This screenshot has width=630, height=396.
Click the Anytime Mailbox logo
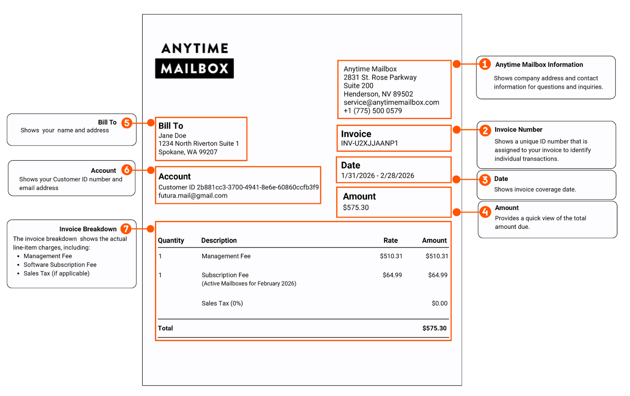coord(195,60)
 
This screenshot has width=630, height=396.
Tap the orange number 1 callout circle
coord(485,64)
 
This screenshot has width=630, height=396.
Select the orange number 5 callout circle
coord(126,123)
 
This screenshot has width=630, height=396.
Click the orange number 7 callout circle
coord(126,229)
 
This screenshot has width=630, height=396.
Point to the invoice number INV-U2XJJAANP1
coord(369,143)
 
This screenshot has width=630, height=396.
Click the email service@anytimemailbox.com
coord(391,102)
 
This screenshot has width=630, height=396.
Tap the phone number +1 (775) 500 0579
coord(372,111)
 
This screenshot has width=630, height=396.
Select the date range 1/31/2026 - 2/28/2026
coord(377,176)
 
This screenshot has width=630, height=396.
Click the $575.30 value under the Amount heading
coord(356,207)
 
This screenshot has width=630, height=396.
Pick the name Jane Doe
coord(172,135)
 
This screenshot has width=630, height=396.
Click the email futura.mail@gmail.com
coord(193,196)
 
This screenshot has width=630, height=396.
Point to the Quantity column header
coord(171,241)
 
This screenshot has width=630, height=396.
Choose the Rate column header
coord(390,241)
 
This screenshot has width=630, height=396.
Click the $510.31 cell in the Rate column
coord(391,256)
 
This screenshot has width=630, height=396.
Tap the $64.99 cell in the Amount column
coord(437,275)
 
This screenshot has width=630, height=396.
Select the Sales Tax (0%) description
coord(222,303)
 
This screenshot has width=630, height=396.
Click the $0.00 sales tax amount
coord(439,303)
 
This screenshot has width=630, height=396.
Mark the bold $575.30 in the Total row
coord(434,328)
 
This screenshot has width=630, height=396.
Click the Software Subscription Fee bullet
coord(60,265)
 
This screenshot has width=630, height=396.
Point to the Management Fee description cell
coord(226,256)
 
